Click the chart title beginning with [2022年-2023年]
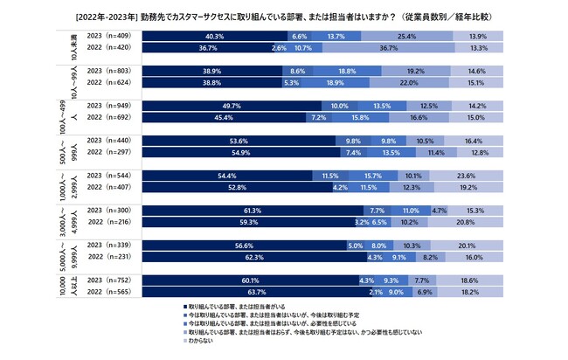click(x=283, y=16)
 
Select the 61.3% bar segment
click(x=253, y=211)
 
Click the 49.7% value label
click(x=232, y=106)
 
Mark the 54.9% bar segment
click(x=241, y=153)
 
